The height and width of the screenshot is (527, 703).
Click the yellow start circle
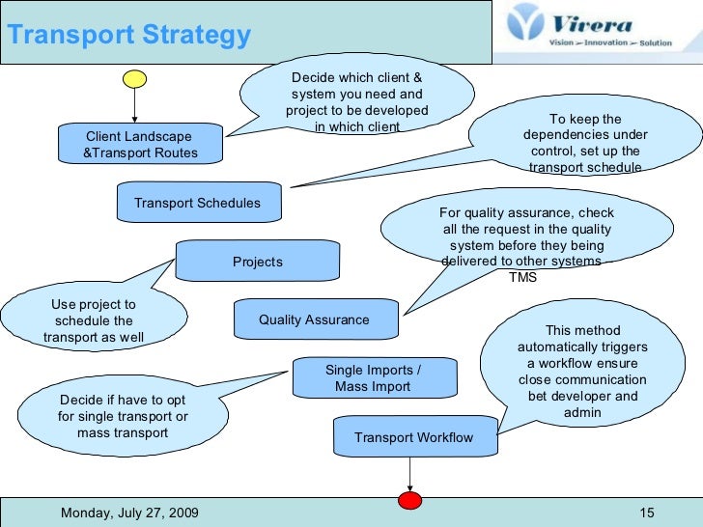[x=134, y=77]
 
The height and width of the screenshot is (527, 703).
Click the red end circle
[x=411, y=501]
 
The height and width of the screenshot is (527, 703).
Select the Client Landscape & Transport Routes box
[x=140, y=145]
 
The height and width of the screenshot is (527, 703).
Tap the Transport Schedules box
[x=197, y=203]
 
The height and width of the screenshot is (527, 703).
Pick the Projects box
[x=258, y=262]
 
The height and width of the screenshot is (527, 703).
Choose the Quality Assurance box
[x=314, y=319]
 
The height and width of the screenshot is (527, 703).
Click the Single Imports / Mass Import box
[x=373, y=377]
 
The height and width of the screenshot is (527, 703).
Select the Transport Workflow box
[x=413, y=437]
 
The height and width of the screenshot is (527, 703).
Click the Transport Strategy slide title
[x=128, y=36]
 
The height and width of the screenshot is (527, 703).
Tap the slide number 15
[x=647, y=513]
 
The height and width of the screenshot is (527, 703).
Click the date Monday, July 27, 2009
[x=129, y=513]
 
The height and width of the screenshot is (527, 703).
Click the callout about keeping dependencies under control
[x=585, y=143]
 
